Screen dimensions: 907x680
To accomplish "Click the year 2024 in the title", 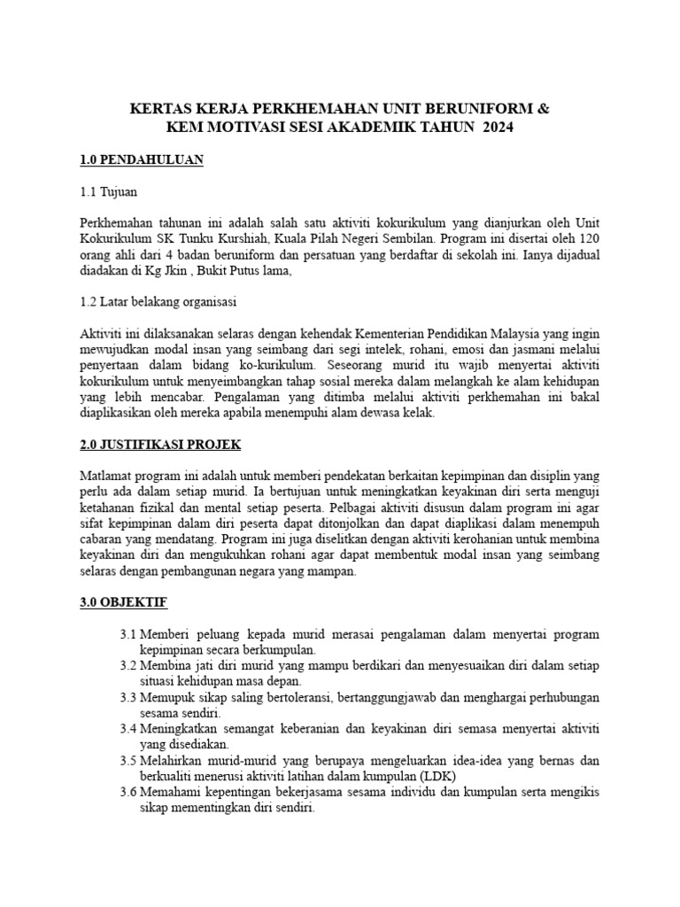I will [x=492, y=128].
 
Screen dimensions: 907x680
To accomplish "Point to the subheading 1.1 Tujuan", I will [x=108, y=191].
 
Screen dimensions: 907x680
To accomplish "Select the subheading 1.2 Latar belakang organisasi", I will [x=158, y=301].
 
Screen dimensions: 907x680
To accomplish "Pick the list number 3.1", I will [x=127, y=635].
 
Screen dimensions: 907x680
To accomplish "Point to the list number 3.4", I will [x=127, y=727].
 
